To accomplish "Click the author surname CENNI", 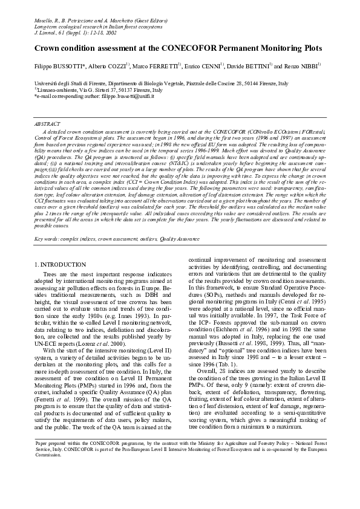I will (209, 65).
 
